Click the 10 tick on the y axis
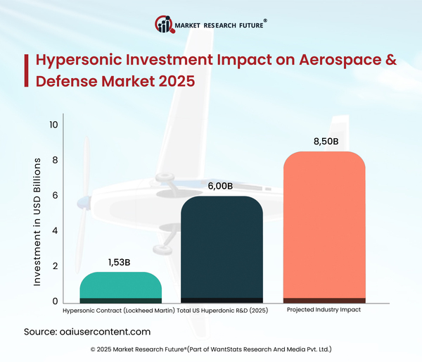coord(53,125)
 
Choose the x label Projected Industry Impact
coord(324,311)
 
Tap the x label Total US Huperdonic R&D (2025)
coord(222,311)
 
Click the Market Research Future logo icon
coord(164,26)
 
